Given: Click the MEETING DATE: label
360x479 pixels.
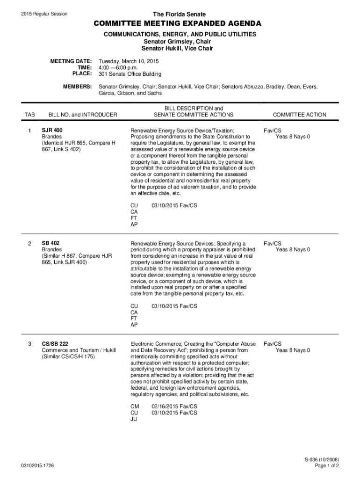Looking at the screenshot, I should (x=71, y=61).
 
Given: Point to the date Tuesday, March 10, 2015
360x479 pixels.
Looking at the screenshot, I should (x=129, y=61).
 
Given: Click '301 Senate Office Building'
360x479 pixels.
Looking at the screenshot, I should (x=130, y=74).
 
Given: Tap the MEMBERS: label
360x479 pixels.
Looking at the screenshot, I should (x=77, y=87).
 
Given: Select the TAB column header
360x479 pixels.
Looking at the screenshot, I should (x=30, y=115).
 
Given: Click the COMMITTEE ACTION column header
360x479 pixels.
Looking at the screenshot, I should (x=300, y=115).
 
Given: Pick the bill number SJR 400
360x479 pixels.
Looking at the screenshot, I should (x=52, y=130).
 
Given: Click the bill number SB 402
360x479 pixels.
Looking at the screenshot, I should (x=51, y=243).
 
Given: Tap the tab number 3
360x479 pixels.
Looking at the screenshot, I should (x=29, y=344).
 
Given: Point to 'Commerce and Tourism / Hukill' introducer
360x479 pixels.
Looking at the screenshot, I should (x=79, y=350).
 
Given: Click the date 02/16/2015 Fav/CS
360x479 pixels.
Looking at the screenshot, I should (x=174, y=406).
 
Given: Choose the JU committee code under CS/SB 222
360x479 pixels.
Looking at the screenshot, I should (x=134, y=420).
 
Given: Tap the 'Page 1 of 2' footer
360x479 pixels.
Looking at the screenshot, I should (x=327, y=466).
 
